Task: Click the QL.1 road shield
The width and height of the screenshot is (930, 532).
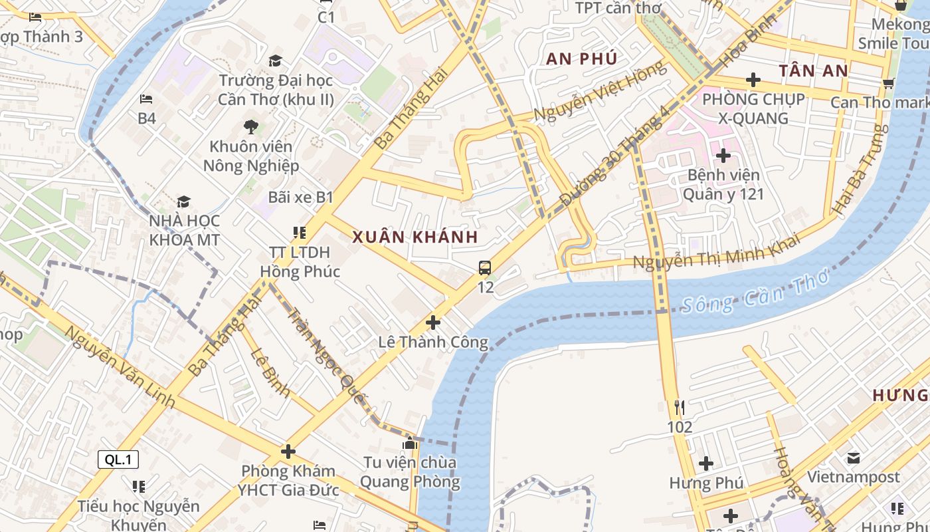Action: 118,460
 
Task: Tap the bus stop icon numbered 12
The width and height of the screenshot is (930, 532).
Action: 485,268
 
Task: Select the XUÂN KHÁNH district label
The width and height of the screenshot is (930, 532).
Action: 415,237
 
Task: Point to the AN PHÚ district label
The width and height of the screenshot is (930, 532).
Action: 582,59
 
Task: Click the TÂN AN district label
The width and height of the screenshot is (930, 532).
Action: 814,71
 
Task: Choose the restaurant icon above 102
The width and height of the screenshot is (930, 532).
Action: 679,407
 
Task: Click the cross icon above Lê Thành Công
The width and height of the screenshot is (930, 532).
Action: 433,323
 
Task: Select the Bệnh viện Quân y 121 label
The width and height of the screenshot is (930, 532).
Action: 723,185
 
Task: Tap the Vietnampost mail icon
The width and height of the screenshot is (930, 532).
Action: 854,458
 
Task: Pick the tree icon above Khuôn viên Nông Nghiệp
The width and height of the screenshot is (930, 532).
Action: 250,126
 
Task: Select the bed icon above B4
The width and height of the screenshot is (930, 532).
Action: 146,100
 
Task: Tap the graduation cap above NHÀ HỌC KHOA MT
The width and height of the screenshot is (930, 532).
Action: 183,201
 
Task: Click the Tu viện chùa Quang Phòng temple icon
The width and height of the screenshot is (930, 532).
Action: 409,443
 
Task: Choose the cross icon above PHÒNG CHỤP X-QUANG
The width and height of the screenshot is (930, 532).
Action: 753,80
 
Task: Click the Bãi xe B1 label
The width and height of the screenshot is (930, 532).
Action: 300,198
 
